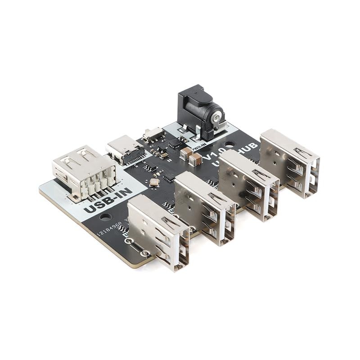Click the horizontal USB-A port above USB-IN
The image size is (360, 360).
(x=84, y=171)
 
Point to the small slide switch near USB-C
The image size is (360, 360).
(x=153, y=133)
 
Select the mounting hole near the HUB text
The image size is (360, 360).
(x=229, y=145)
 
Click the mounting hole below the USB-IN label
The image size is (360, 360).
(x=105, y=217)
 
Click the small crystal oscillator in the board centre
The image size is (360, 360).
(x=154, y=182)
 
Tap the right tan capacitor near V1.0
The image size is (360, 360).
(x=195, y=158)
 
